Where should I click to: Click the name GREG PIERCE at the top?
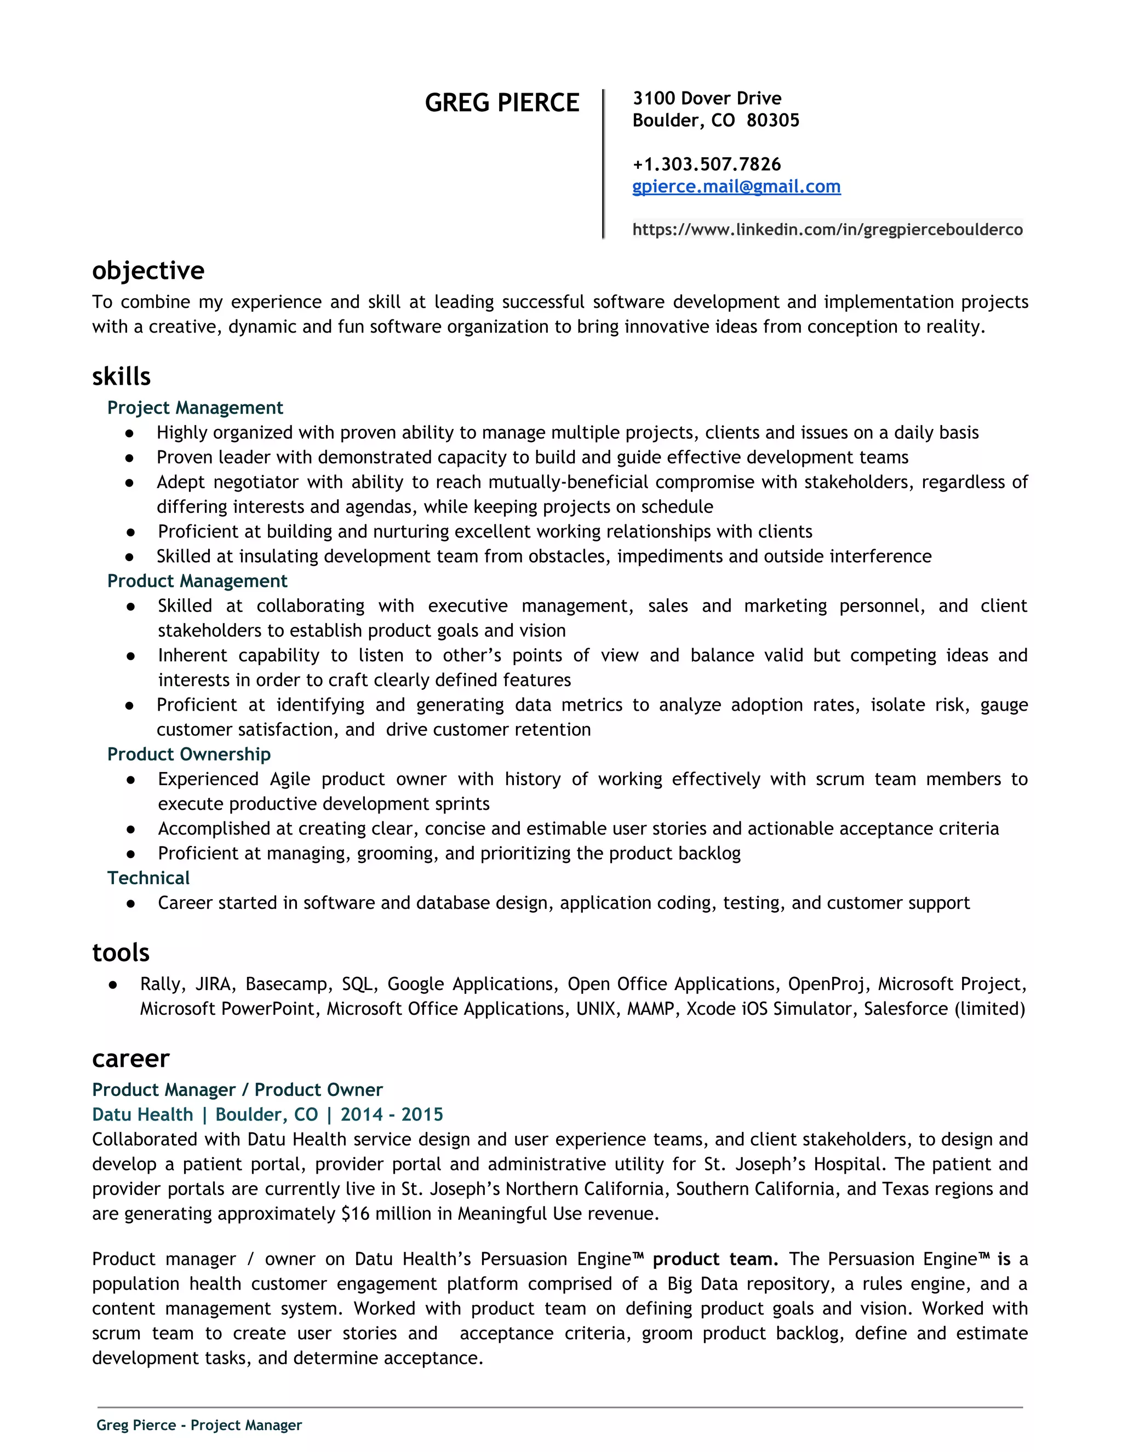502,103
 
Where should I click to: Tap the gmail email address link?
736,186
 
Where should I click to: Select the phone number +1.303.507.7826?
707,164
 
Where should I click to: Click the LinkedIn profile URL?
827,230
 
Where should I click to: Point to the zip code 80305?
772,121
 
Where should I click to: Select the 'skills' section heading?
122,377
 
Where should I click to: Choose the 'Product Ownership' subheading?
189,754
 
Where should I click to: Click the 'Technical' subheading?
148,878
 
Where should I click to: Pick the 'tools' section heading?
121,953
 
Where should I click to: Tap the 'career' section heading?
131,1059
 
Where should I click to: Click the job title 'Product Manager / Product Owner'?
237,1090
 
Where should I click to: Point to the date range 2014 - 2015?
392,1114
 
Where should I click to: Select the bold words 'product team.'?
715,1259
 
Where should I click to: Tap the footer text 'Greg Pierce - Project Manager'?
199,1425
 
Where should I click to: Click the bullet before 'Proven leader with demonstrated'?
130,458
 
